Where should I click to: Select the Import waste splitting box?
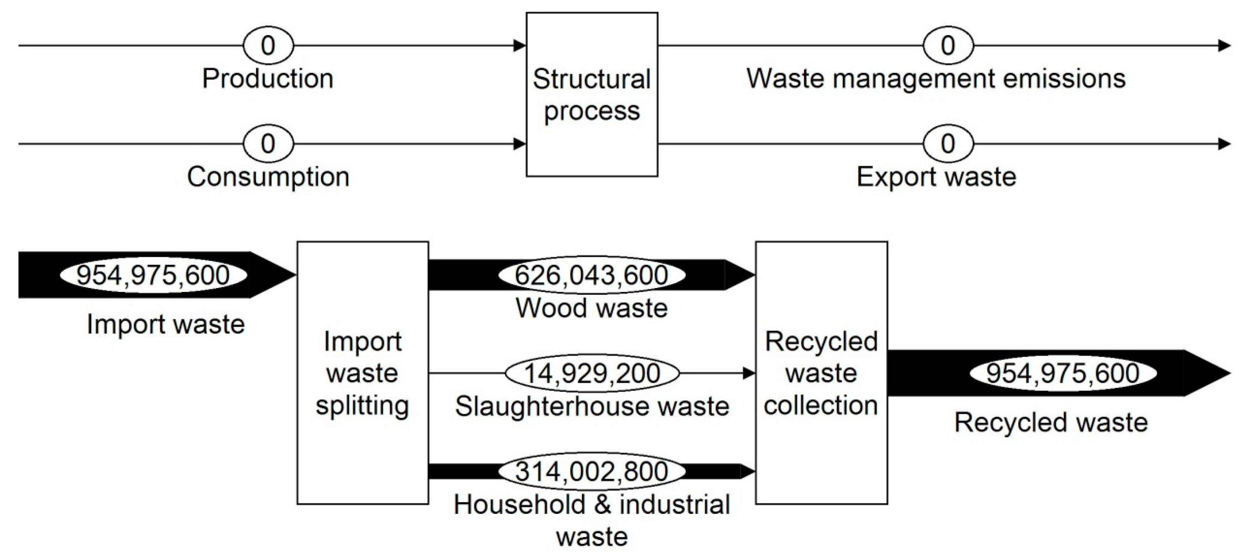click(x=363, y=373)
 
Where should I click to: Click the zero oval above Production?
click(x=268, y=46)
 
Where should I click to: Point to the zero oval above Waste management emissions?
click(x=947, y=46)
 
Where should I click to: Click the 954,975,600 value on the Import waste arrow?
click(x=153, y=275)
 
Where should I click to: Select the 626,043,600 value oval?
click(x=592, y=275)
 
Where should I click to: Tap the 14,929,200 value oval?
click(x=592, y=373)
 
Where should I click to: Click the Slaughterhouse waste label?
click(x=592, y=406)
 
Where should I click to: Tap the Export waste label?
click(x=936, y=177)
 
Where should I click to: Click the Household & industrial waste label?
click(x=592, y=520)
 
